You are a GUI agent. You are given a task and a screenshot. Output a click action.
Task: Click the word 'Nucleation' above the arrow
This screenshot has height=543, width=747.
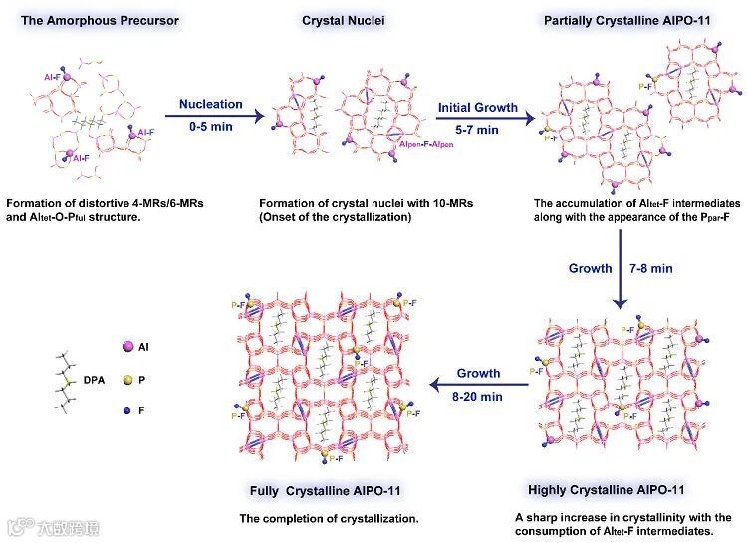pos(209,104)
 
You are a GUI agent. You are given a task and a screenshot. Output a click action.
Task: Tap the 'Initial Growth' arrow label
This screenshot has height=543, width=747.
pos(477,106)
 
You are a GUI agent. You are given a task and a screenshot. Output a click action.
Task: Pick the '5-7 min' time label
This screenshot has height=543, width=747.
pos(475,130)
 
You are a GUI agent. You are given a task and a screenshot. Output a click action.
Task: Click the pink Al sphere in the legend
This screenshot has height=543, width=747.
pos(128,347)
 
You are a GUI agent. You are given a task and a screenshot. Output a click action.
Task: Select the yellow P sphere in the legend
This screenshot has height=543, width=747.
pos(127,381)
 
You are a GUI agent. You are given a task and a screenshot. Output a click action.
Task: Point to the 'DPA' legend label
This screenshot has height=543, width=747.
pos(93,380)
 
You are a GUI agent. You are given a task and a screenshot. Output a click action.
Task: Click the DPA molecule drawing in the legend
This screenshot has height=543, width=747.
pos(65,380)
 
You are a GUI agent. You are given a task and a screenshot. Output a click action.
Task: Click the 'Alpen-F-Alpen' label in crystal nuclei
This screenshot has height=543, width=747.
pos(425,144)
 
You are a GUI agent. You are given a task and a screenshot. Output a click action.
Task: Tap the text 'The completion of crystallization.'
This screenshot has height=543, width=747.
pos(329,519)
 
